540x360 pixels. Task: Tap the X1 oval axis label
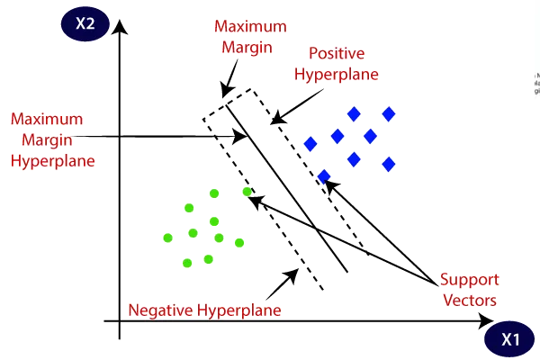pyautogui.click(x=510, y=341)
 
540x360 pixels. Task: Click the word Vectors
pyautogui.click(x=470, y=300)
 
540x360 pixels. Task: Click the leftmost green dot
pyautogui.click(x=167, y=238)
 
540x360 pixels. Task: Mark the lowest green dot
pyautogui.click(x=187, y=263)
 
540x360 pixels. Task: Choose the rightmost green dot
pyautogui.click(x=247, y=192)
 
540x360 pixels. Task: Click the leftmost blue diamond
pyautogui.click(x=310, y=143)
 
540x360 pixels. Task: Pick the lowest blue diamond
pyautogui.click(x=324, y=176)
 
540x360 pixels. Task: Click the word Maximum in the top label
pyautogui.click(x=240, y=27)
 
